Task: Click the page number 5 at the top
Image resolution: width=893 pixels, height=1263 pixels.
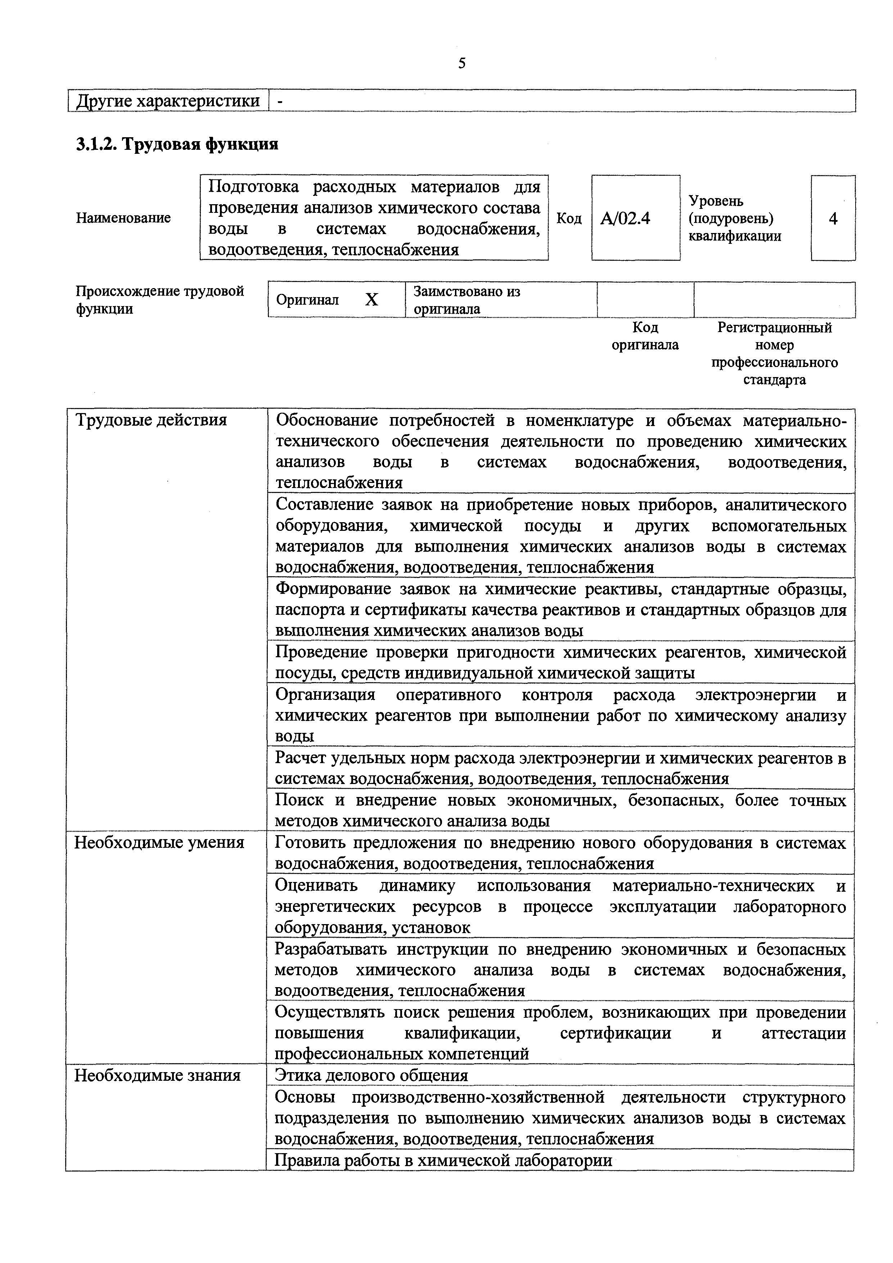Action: click(x=462, y=64)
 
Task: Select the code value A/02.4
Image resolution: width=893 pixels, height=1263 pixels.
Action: click(x=625, y=219)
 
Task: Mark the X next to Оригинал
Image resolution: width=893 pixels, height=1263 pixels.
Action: click(x=372, y=300)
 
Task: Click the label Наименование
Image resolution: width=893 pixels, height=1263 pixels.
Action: click(x=123, y=218)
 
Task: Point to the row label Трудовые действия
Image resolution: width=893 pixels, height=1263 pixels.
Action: click(x=151, y=420)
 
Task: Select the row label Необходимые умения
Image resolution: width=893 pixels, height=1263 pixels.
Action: click(x=159, y=842)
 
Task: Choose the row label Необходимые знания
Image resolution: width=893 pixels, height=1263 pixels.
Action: click(x=157, y=1075)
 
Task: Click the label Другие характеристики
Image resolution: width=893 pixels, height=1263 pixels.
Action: click(x=168, y=101)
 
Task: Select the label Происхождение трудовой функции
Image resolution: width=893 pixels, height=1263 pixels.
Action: click(x=159, y=300)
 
